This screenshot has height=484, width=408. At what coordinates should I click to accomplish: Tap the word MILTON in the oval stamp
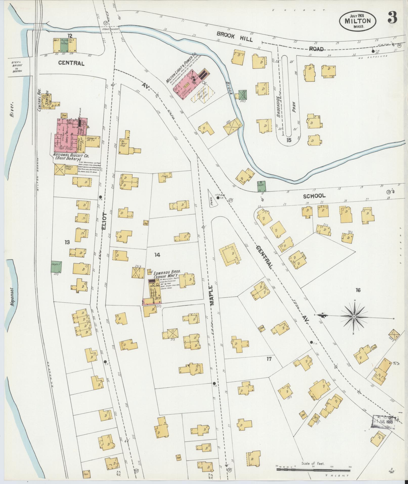[x=357, y=21]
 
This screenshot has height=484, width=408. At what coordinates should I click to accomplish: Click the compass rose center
[x=354, y=317]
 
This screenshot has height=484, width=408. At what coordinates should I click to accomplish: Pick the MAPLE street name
[x=211, y=295]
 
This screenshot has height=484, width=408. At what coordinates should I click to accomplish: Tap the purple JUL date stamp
[x=384, y=423]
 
